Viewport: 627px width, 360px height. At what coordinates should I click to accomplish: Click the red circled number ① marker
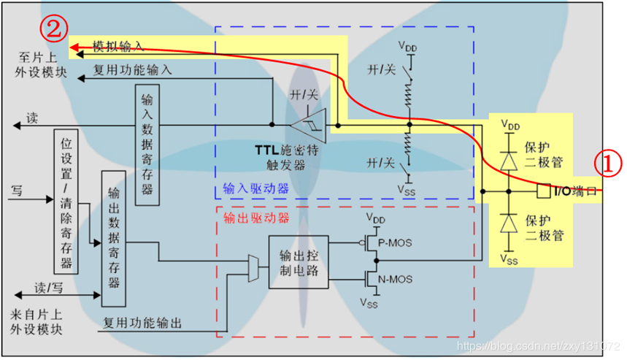tap(607, 162)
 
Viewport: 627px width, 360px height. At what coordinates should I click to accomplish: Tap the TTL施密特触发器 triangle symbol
tap(313, 125)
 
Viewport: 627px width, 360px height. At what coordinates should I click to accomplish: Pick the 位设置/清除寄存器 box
tap(65, 201)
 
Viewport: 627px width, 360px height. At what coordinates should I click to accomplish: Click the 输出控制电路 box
tap(299, 261)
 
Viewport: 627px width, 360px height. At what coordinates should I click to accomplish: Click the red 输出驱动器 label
tap(255, 218)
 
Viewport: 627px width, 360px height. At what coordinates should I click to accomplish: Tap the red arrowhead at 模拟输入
tap(74, 47)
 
